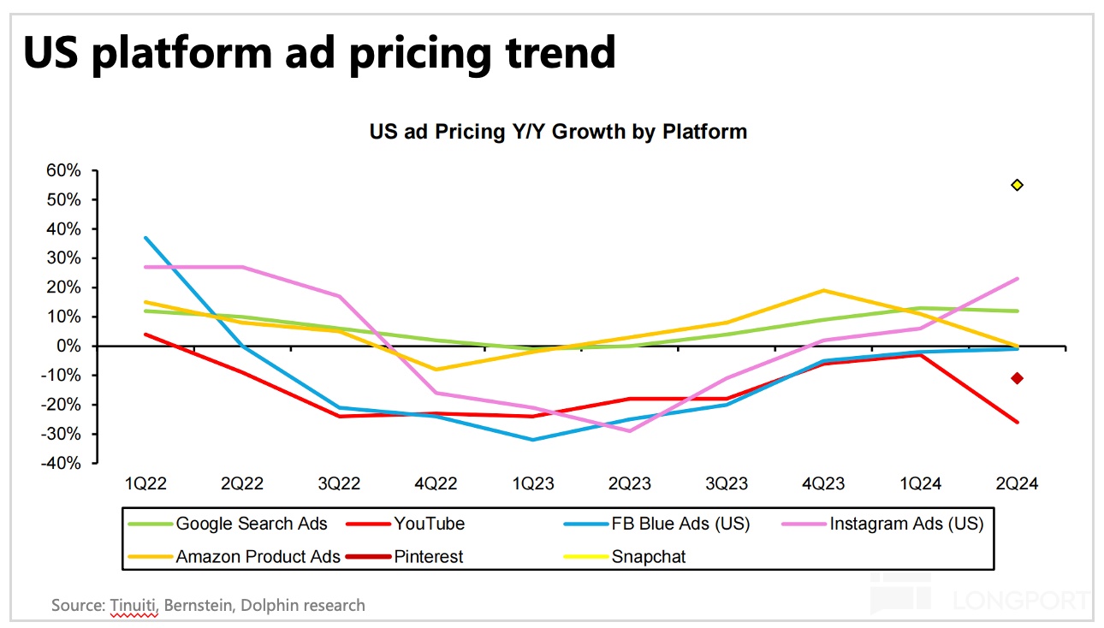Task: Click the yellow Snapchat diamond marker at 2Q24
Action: [x=1017, y=185]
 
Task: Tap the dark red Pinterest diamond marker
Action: [x=1017, y=378]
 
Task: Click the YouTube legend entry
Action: [x=429, y=524]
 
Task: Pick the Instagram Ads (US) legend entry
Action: [x=906, y=524]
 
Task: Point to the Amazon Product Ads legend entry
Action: [x=258, y=557]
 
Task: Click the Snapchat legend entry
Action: [x=648, y=557]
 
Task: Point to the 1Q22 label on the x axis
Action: [x=145, y=484]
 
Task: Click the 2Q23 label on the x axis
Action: [x=629, y=484]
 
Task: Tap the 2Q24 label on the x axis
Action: [x=1017, y=484]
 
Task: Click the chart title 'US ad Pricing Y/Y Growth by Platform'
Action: [x=558, y=132]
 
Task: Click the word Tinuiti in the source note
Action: [x=134, y=606]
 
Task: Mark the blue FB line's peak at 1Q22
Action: [x=146, y=238]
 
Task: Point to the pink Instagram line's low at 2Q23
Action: [x=630, y=430]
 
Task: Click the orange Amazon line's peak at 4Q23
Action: [x=823, y=291]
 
